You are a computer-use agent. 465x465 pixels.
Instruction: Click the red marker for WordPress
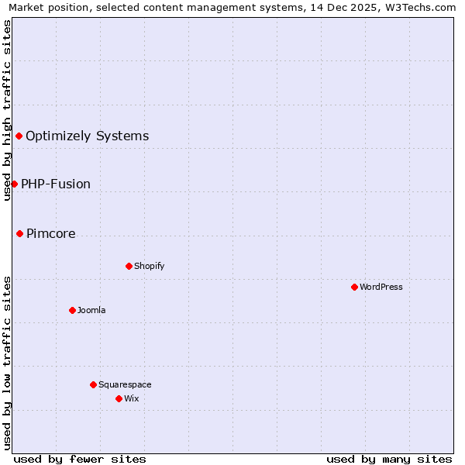click(354, 287)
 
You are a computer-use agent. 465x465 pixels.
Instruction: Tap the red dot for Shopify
click(129, 266)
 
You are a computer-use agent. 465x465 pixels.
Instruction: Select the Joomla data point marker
click(72, 310)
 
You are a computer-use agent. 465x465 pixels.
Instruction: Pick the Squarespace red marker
click(93, 384)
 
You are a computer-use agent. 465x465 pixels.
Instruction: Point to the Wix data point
click(119, 398)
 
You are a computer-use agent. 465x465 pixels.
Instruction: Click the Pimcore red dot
click(19, 233)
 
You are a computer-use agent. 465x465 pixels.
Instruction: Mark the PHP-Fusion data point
click(14, 184)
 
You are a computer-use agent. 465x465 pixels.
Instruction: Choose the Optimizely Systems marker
click(19, 136)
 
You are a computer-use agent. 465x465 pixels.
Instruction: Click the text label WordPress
click(381, 287)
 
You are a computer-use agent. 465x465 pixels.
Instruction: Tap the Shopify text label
click(150, 266)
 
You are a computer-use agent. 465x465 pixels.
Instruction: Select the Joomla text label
click(91, 310)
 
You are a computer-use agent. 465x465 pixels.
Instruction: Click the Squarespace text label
click(125, 384)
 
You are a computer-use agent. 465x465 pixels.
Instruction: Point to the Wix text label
click(131, 398)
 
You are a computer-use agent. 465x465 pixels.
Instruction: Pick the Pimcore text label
click(51, 233)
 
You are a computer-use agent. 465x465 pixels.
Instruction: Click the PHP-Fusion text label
click(56, 184)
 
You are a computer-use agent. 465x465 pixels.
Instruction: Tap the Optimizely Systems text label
click(88, 136)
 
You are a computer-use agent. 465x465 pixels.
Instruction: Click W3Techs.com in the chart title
click(422, 7)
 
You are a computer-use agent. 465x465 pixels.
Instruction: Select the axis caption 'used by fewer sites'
click(80, 459)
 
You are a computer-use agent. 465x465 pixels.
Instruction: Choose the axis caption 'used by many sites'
click(389, 459)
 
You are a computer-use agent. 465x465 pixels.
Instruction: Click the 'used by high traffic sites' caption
click(7, 110)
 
